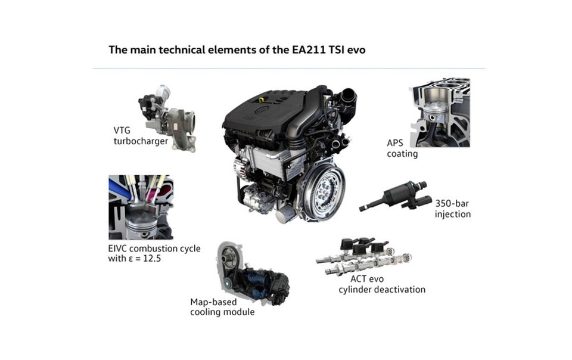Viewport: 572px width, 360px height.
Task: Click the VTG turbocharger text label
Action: point(141,136)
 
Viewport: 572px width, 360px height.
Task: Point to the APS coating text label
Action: point(402,148)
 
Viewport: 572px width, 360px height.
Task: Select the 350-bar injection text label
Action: point(453,209)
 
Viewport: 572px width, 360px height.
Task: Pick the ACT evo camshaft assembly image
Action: point(363,256)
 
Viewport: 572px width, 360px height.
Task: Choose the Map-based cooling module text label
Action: point(222,307)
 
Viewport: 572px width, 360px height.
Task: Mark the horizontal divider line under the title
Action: point(289,69)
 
